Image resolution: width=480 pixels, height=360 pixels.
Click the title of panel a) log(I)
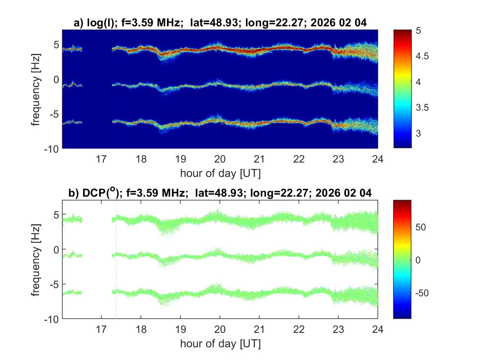point(220,23)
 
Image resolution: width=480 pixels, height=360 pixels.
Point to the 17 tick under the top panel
point(102,159)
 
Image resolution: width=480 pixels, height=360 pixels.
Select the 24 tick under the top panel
point(378,159)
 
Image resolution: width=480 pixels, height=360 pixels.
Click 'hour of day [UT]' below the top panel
point(220,173)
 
